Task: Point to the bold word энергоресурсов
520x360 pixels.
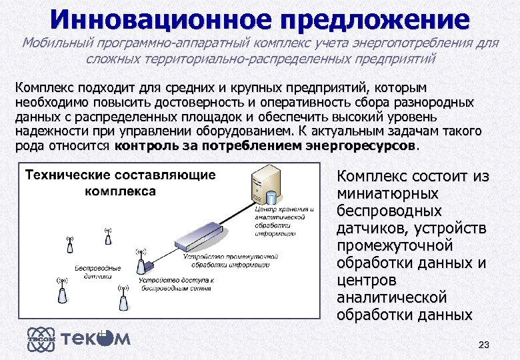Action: click(x=360, y=145)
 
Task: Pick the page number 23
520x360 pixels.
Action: click(x=484, y=345)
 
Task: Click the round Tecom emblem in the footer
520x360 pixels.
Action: click(x=39, y=339)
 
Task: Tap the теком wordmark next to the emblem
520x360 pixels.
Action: click(x=96, y=339)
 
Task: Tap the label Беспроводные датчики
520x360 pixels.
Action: click(x=97, y=271)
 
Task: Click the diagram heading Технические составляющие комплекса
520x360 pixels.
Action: click(x=120, y=183)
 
